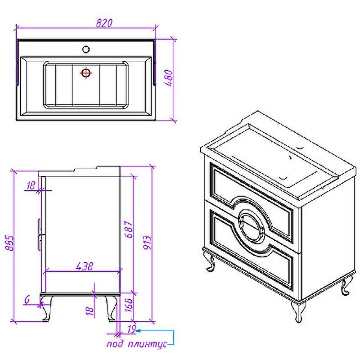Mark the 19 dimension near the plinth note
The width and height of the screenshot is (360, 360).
point(131,330)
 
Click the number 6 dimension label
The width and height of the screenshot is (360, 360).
point(27,298)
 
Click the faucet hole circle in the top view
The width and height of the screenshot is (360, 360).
point(86,49)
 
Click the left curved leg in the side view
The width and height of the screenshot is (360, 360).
point(46,308)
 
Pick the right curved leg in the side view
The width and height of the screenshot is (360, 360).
point(110,308)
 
